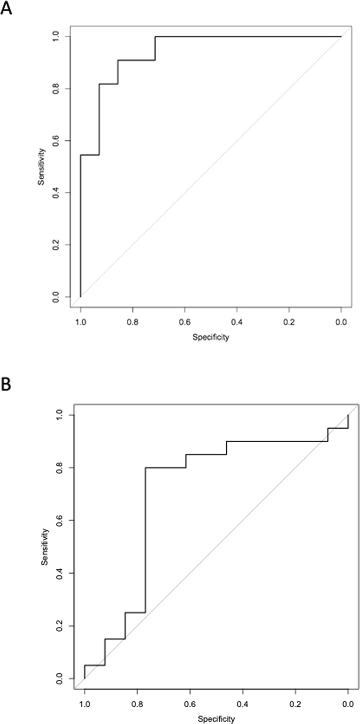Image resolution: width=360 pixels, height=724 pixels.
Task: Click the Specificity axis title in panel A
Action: tap(211, 337)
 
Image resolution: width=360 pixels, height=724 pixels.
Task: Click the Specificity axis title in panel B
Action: tap(216, 719)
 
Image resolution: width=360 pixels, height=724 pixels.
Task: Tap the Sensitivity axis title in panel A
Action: tap(42, 167)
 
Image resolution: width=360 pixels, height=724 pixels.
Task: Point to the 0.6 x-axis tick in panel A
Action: tap(185, 322)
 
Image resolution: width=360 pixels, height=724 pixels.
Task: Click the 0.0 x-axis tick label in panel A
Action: tap(341, 322)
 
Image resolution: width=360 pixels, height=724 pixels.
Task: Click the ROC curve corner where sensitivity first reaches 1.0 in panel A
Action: tap(155, 37)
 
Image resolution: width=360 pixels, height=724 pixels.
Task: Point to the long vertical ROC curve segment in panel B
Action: tap(145, 536)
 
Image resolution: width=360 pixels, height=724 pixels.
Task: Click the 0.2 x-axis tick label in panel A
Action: tap(289, 322)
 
